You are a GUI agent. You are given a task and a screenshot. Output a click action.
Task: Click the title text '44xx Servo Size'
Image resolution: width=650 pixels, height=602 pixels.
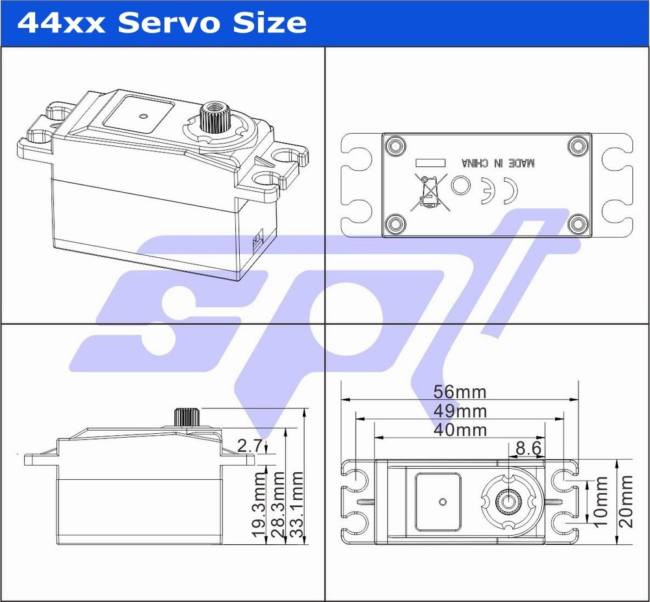coord(161,23)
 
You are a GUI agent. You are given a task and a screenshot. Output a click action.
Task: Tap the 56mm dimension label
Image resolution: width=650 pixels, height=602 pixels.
coord(460,392)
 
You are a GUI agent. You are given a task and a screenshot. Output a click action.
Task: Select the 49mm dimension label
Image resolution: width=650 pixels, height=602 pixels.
coord(460,411)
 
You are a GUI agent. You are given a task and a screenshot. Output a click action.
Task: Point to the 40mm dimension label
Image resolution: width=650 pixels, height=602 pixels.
coord(460,430)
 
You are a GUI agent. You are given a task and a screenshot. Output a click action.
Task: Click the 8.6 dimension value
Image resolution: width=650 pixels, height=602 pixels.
coord(528,448)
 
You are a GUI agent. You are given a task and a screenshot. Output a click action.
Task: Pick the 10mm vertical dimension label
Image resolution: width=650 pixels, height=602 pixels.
coord(601,501)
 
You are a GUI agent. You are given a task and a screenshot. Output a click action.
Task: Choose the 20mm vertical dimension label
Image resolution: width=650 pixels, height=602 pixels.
coord(626,501)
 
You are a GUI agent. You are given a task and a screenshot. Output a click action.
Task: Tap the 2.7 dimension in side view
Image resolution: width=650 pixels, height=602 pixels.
coord(250,445)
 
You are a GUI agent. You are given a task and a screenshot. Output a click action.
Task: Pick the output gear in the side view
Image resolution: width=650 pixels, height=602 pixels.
coord(187,416)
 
